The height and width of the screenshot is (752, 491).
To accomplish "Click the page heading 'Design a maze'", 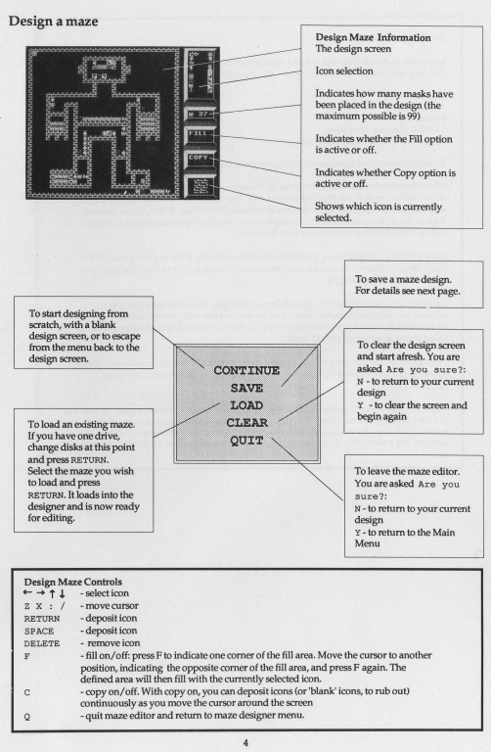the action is [53, 22].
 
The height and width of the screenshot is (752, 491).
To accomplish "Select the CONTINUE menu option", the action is [246, 370].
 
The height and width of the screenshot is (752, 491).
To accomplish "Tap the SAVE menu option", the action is [246, 388].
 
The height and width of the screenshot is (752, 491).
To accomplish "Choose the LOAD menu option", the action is [246, 405].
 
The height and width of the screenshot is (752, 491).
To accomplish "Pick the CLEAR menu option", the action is [246, 423].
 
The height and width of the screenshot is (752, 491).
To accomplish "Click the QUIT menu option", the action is [246, 441].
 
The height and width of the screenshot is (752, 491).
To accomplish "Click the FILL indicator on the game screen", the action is [200, 134].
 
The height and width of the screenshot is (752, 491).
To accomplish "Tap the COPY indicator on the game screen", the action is [199, 158].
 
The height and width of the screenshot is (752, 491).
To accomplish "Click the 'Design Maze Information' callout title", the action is [373, 37].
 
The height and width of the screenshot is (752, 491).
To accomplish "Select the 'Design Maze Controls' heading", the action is [72, 582].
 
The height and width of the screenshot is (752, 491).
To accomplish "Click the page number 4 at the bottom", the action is [245, 743].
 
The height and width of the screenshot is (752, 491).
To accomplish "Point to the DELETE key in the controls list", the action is [42, 643].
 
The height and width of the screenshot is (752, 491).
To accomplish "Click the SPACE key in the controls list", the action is [39, 632].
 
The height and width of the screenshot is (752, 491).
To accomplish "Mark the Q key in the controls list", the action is [26, 717].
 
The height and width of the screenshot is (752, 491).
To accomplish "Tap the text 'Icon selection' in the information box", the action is [344, 70].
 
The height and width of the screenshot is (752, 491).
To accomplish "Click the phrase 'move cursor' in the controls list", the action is [112, 606].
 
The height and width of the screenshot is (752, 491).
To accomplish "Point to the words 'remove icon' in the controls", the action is [113, 643].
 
